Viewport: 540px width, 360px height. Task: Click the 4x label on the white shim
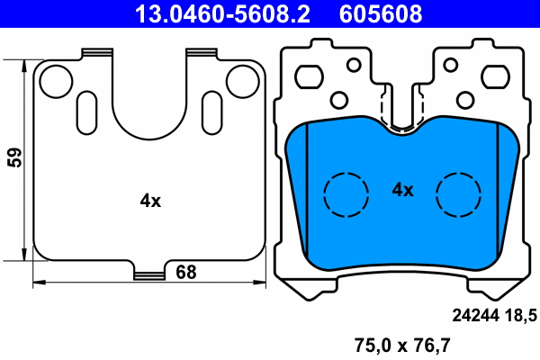tap(150, 202)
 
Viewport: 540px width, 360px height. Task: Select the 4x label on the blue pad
tap(402, 190)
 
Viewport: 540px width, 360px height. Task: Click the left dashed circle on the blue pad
tap(346, 193)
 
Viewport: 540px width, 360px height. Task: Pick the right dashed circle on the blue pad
tap(459, 193)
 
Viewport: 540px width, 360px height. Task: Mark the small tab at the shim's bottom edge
tap(149, 272)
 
